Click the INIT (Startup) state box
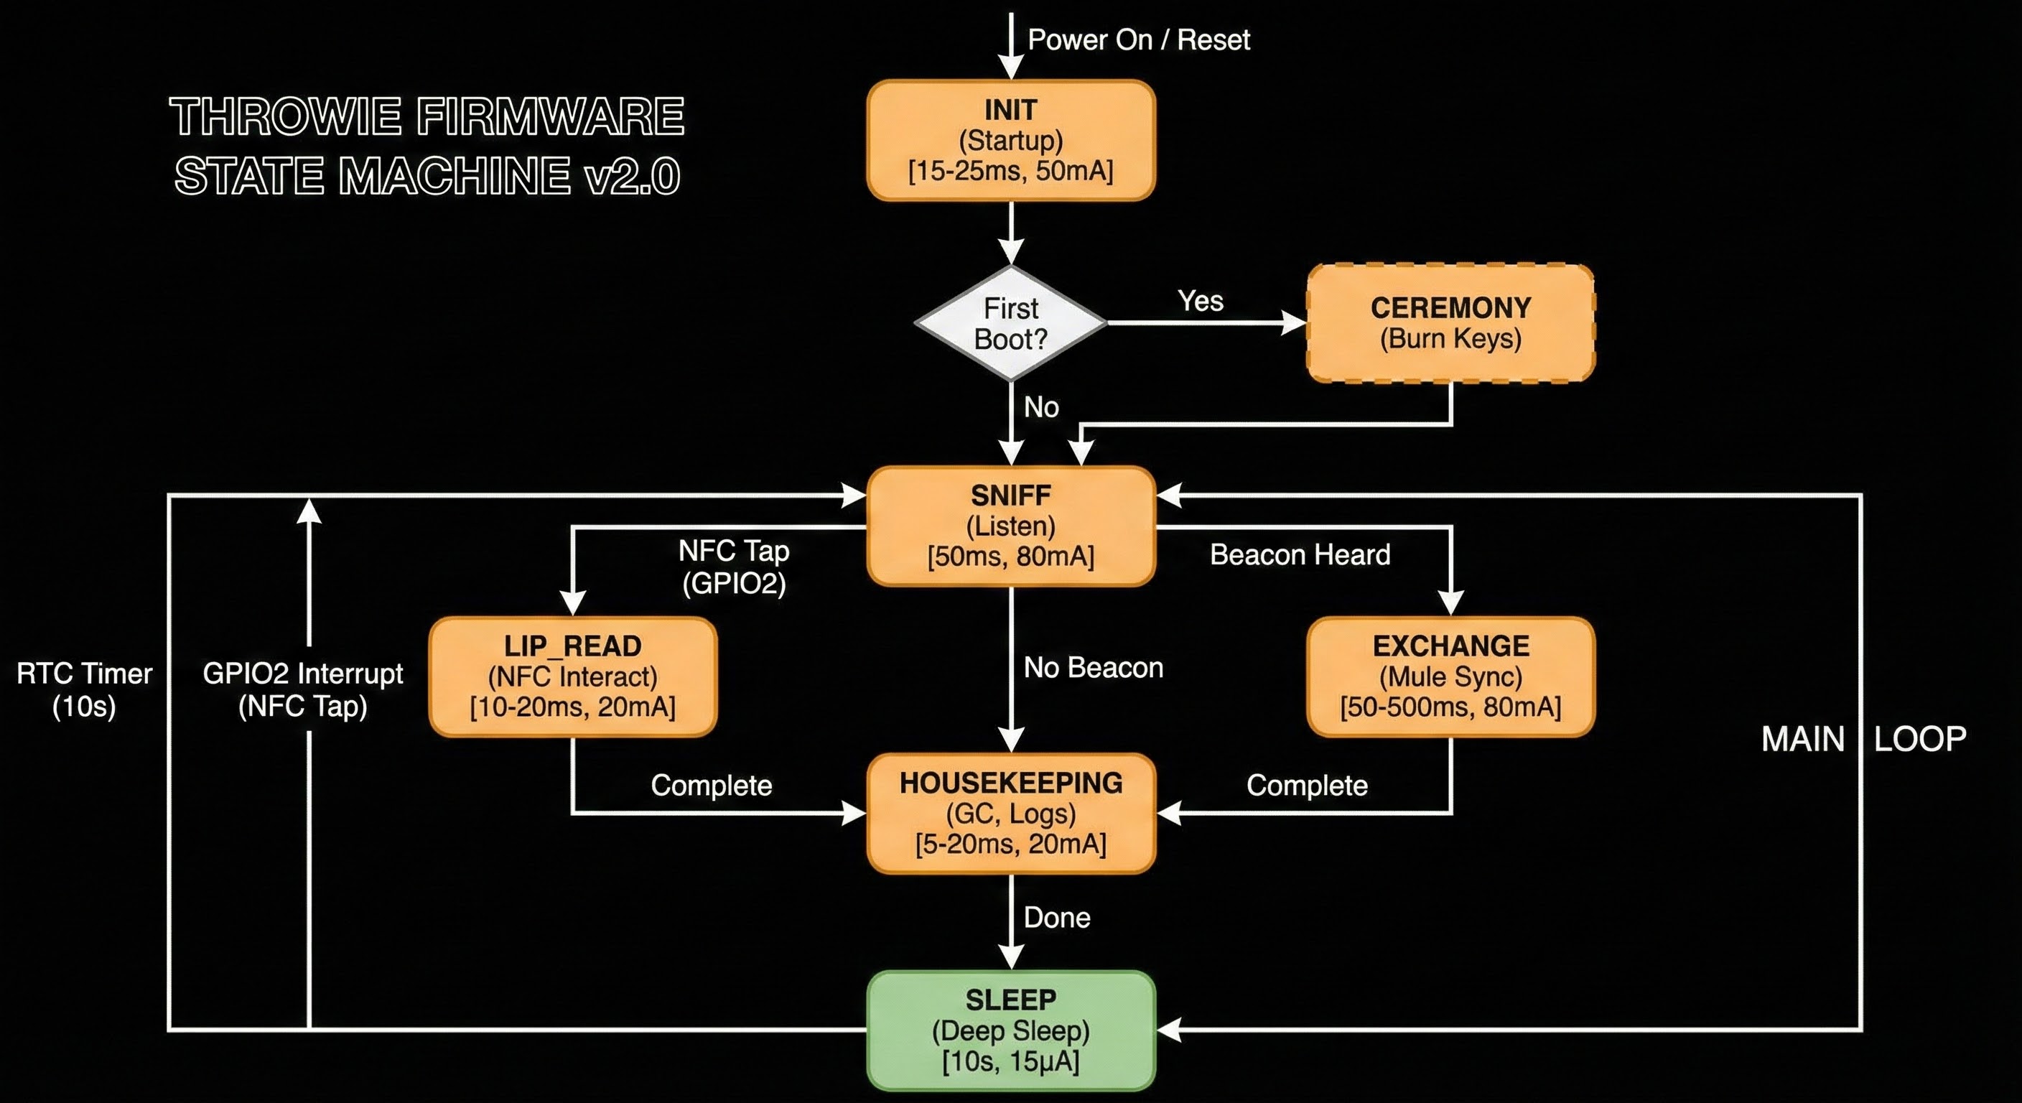point(1010,141)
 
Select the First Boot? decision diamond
point(1010,323)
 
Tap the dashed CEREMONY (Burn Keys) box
point(1450,323)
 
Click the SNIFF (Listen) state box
point(1010,526)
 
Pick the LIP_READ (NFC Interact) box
point(573,676)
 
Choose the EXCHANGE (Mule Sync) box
point(1450,676)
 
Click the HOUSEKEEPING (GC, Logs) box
point(1010,814)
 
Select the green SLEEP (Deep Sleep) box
point(1010,1030)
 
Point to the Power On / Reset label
point(1138,39)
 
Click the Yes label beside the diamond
point(1200,301)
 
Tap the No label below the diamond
point(1041,406)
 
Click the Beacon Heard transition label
point(1300,555)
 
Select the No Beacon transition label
point(1093,667)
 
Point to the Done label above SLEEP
point(1056,917)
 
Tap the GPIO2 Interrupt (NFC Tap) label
point(303,689)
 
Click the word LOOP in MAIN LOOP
point(1920,739)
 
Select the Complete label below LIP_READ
point(711,785)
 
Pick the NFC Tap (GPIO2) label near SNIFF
point(734,567)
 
